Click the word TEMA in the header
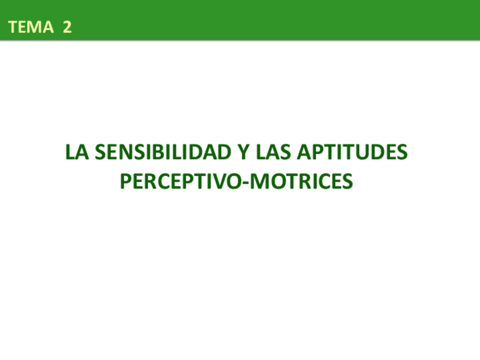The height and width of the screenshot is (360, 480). click(x=31, y=27)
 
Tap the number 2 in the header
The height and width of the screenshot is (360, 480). click(x=67, y=27)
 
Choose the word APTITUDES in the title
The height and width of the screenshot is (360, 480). click(x=352, y=153)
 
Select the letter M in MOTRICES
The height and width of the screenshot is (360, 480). click(x=258, y=182)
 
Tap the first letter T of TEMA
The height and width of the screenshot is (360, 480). click(x=14, y=27)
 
